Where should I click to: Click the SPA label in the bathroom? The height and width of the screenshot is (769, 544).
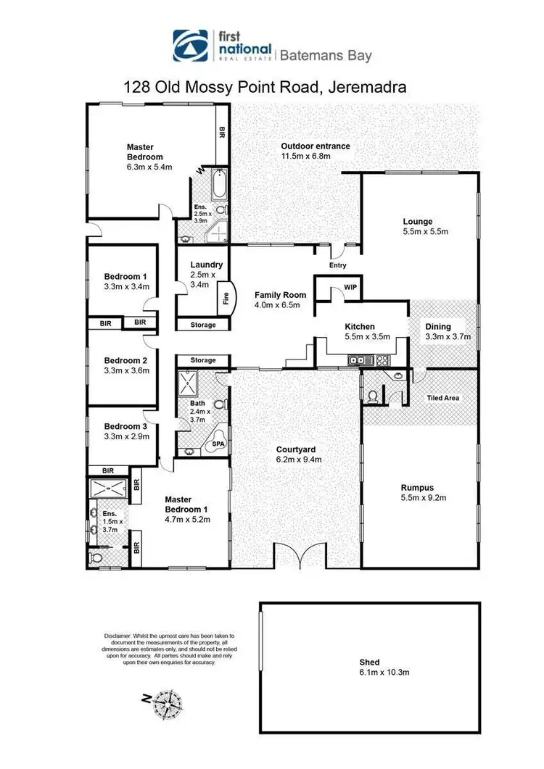217,444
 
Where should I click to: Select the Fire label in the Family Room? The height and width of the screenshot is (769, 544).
226,297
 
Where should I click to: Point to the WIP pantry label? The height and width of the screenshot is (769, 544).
350,287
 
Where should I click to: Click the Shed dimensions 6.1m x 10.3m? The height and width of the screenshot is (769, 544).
369,673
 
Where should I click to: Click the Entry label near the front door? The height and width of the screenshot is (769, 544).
338,266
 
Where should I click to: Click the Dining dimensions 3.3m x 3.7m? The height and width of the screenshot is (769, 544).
448,336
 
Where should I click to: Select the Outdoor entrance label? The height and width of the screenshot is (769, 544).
316,146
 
